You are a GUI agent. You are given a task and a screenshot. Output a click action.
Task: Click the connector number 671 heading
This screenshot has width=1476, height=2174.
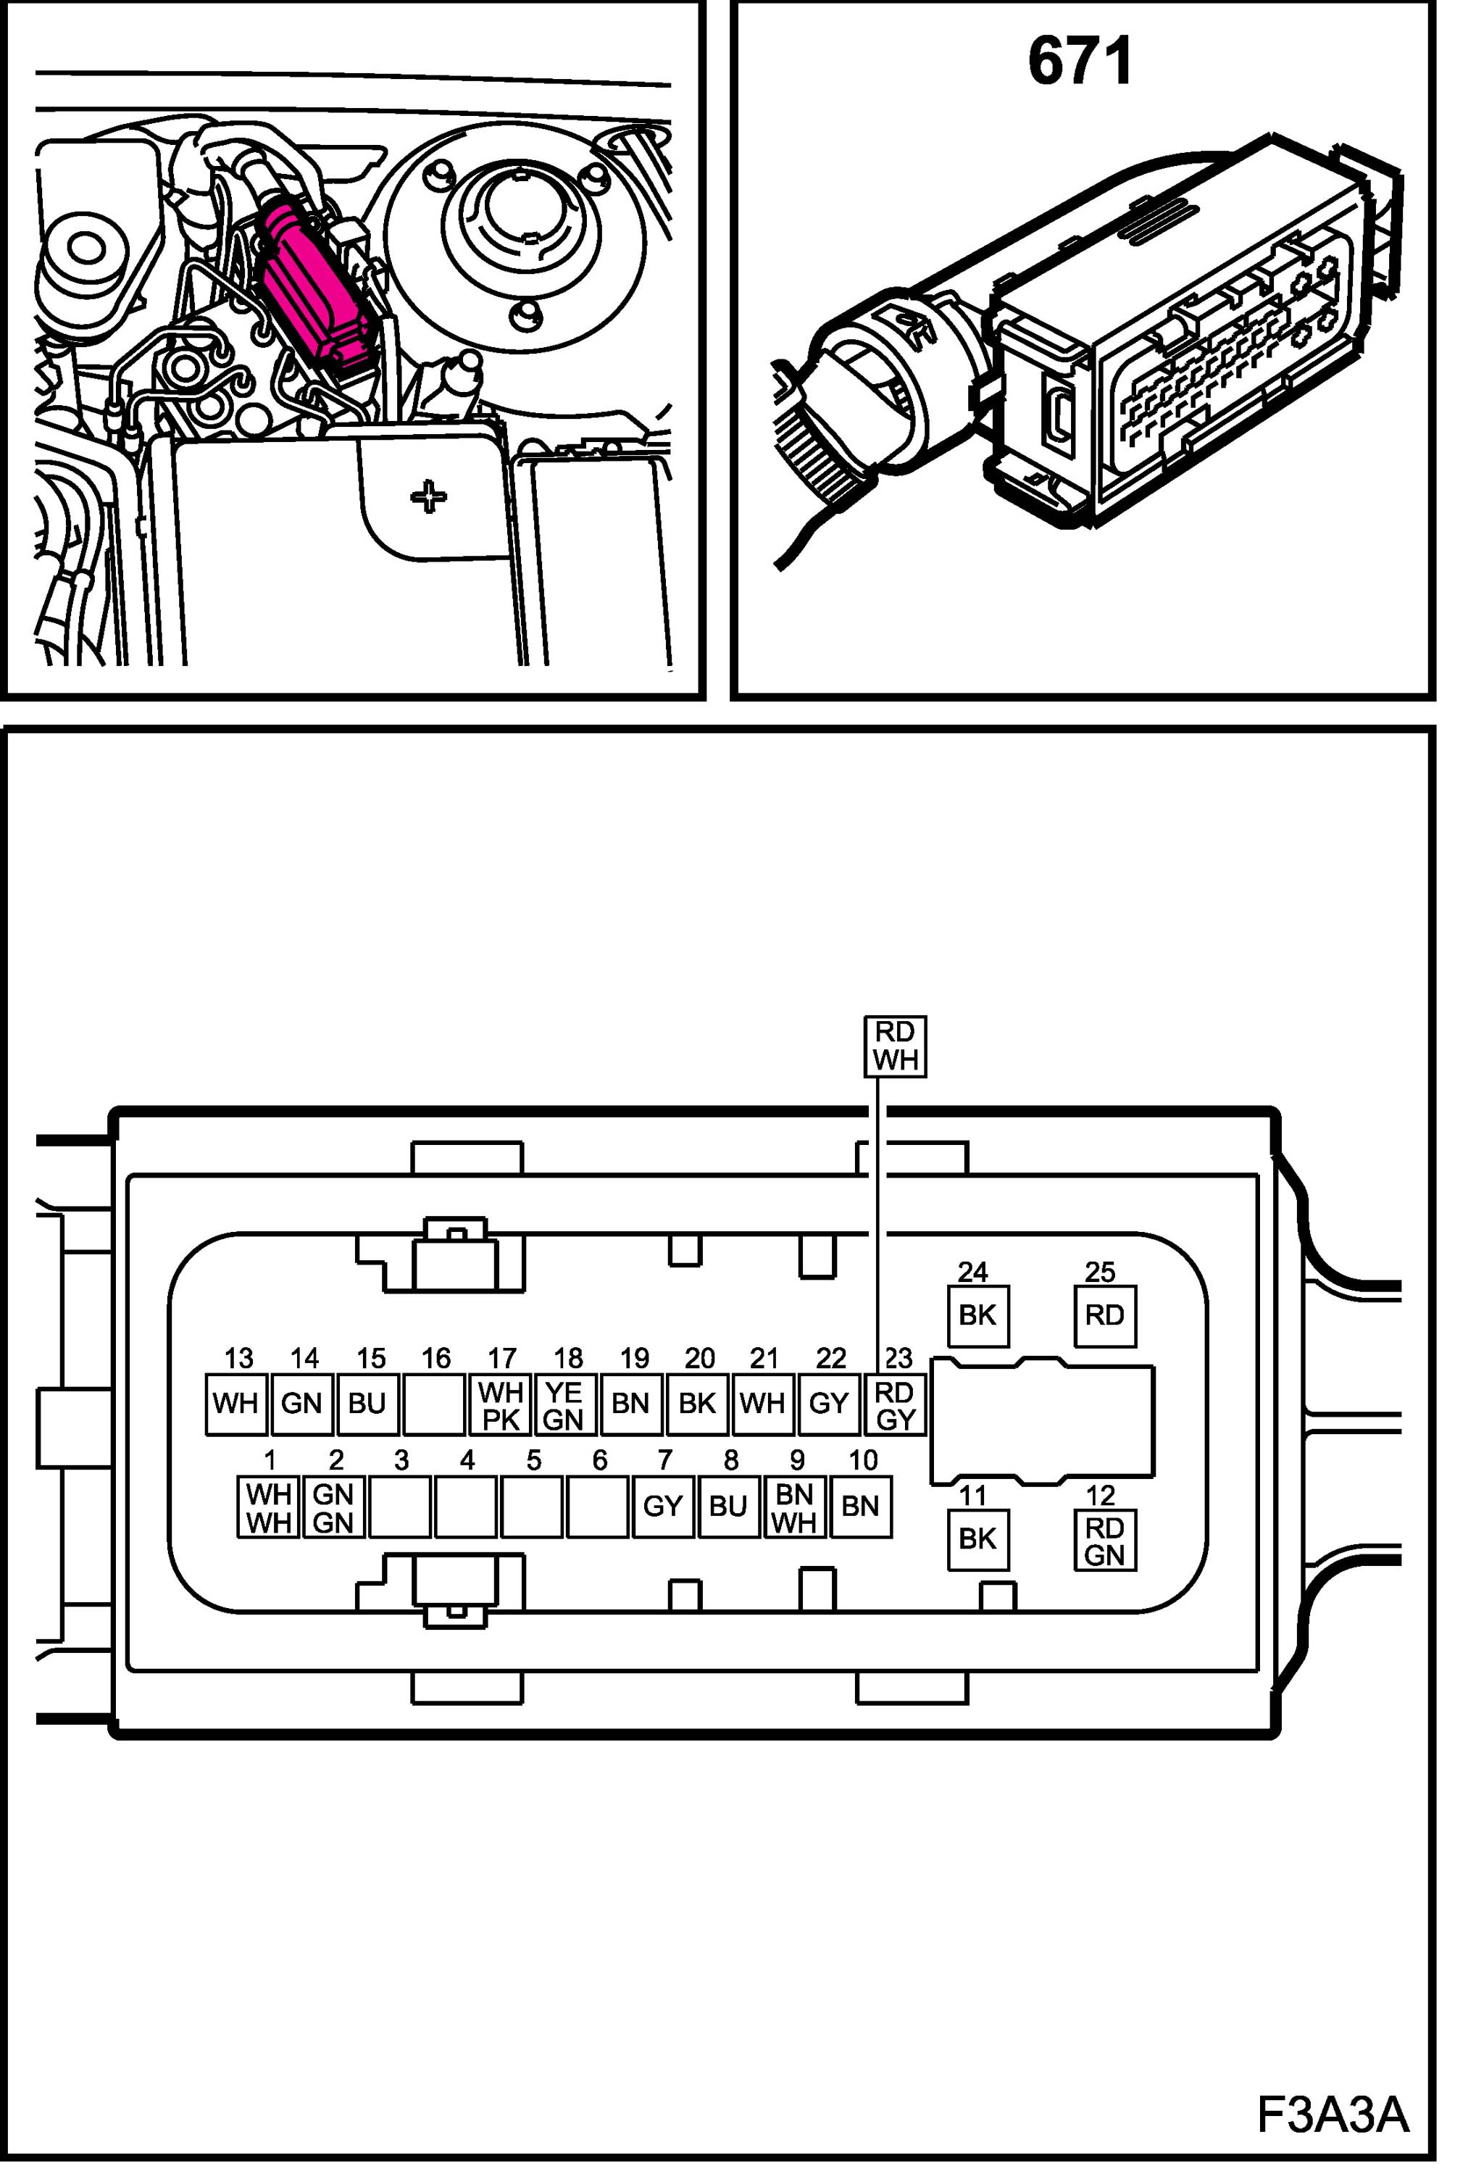1080,62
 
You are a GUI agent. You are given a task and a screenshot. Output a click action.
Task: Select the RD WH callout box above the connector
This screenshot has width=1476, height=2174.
894,1046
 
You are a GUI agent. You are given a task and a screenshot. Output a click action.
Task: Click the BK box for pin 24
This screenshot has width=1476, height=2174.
977,1315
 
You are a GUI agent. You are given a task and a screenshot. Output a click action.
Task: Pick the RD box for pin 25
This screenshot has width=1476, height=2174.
1105,1315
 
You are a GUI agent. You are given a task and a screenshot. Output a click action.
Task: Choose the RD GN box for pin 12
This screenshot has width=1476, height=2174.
1105,1541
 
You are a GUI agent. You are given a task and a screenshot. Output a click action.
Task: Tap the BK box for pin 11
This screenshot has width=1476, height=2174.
977,1538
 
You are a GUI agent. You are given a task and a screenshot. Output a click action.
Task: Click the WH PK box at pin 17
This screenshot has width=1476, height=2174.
501,1404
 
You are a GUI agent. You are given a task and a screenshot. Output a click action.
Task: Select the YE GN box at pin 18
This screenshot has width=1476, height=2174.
564,1404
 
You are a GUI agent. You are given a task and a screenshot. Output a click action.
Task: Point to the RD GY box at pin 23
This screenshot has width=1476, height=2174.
895,1404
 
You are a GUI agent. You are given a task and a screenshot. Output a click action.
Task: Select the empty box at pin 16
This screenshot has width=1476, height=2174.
434,1404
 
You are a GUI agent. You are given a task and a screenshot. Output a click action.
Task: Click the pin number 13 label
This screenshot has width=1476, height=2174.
238,1357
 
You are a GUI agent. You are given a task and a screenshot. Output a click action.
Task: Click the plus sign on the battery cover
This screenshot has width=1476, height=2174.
428,496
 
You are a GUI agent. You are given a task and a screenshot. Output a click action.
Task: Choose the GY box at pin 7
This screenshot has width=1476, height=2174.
663,1506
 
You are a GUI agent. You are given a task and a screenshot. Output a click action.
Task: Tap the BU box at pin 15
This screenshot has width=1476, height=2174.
367,1404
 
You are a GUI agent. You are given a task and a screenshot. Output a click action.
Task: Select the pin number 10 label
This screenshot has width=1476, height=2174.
862,1459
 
